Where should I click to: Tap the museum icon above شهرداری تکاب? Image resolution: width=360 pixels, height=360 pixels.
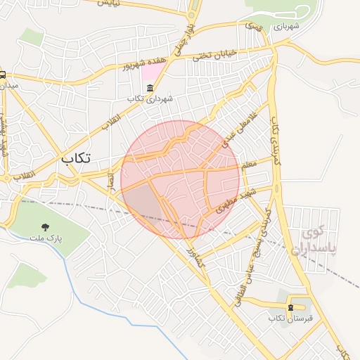150,88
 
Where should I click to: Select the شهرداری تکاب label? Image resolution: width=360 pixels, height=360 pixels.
150,99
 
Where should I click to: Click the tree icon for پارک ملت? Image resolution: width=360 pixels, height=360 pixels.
46,227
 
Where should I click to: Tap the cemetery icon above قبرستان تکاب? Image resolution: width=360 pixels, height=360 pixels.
290,307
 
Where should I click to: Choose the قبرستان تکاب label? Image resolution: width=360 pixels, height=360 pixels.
290,319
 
